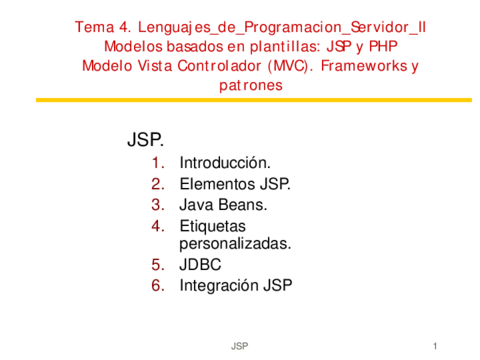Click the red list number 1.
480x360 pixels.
pos(157,162)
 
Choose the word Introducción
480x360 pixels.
pos(225,162)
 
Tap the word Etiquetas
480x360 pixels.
pos(213,226)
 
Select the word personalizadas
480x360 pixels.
pos(235,243)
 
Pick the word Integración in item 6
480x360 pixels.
pos(218,286)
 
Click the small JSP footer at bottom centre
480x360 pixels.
pos(240,345)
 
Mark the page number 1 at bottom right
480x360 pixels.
pos(437,345)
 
